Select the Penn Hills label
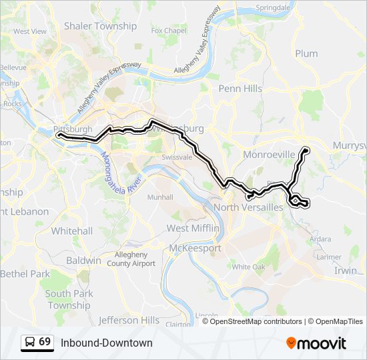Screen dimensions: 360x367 [240, 89]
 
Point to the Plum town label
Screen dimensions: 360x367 [306, 54]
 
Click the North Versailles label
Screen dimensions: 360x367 [248, 208]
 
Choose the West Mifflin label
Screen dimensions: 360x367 [193, 229]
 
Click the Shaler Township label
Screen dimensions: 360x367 [100, 27]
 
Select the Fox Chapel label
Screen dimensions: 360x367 [169, 31]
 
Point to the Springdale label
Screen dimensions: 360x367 [274, 8]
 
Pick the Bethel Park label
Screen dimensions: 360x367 [25, 274]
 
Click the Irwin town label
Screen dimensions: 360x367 [346, 270]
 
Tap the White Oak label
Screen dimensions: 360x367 [248, 267]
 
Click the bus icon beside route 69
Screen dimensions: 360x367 [30, 342]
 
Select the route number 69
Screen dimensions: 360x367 [45, 341]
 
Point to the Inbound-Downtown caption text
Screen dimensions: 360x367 [106, 343]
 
